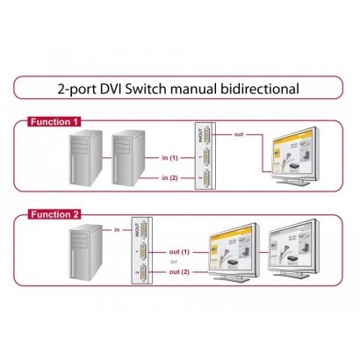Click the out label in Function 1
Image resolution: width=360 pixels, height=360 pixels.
click(x=238, y=133)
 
